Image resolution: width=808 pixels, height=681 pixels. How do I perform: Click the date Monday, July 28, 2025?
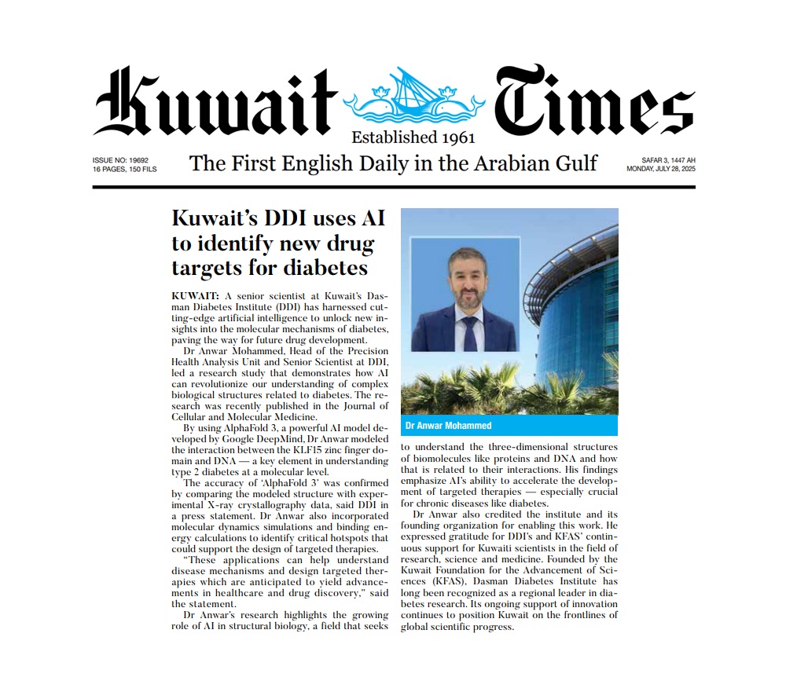[x=661, y=169]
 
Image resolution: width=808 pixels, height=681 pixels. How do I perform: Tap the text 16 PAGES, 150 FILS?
[x=125, y=169]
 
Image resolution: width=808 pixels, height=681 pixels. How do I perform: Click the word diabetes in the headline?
[x=322, y=268]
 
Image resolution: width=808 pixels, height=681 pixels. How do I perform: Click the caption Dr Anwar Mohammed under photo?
[x=448, y=426]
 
